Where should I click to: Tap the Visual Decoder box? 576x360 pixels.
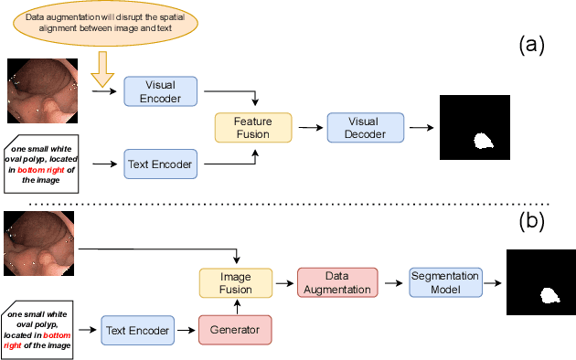pyautogui.click(x=365, y=127)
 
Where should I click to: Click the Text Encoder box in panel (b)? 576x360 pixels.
pyautogui.click(x=139, y=330)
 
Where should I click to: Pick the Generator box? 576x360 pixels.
pyautogui.click(x=235, y=330)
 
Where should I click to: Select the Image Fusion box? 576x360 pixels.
pyautogui.click(x=235, y=281)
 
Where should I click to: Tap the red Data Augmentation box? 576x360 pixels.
pyautogui.click(x=336, y=282)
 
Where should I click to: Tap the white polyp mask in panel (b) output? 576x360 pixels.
pyautogui.click(x=550, y=295)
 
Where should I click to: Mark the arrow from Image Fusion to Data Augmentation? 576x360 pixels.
pyautogui.click(x=284, y=282)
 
